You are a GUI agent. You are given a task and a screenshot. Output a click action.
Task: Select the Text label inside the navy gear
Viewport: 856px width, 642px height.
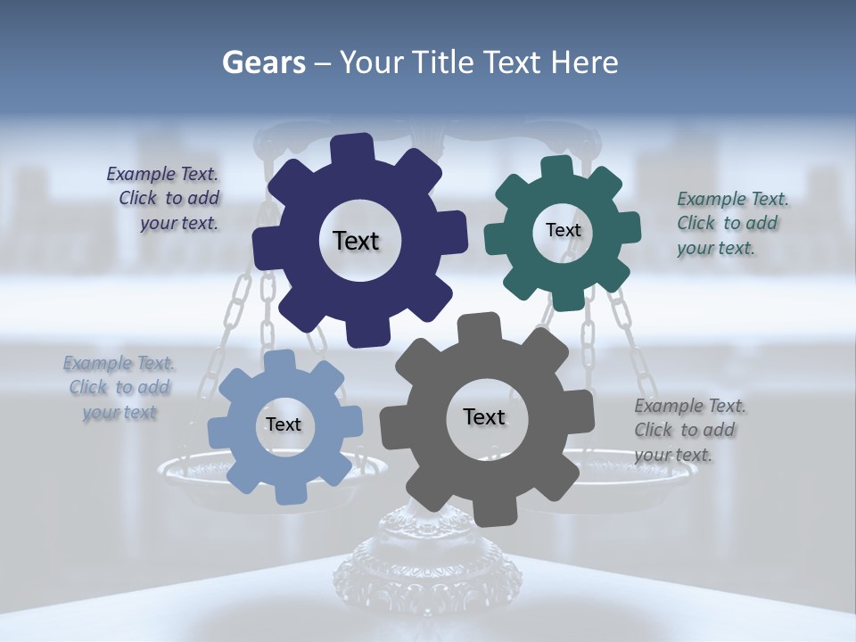pyautogui.click(x=356, y=241)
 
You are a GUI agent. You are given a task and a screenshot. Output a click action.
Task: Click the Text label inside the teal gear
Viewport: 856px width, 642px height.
pyautogui.click(x=563, y=230)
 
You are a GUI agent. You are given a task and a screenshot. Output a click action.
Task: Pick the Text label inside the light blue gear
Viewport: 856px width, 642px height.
pyautogui.click(x=283, y=425)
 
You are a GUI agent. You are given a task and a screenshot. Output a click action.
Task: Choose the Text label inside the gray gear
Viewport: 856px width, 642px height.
pyautogui.click(x=484, y=417)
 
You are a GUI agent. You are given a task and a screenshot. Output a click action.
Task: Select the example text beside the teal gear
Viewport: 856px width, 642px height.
pyautogui.click(x=731, y=223)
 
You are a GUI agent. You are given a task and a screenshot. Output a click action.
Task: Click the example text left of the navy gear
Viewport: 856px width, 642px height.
pyautogui.click(x=166, y=198)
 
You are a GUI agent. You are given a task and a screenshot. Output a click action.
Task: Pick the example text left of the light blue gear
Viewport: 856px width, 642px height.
pyautogui.click(x=119, y=388)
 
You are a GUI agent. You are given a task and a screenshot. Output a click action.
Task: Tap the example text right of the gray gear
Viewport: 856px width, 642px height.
pyautogui.click(x=688, y=430)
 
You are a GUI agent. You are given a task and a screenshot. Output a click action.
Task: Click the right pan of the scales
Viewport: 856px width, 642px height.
pyautogui.click(x=624, y=473)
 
